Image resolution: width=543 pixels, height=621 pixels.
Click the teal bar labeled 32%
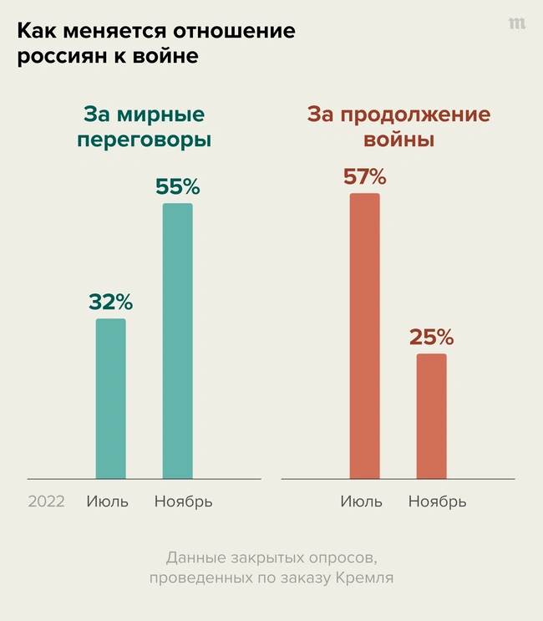[111, 399]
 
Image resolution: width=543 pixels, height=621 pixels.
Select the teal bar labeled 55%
[177, 341]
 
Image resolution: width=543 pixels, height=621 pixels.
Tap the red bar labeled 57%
[364, 336]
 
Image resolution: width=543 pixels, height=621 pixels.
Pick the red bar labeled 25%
[431, 416]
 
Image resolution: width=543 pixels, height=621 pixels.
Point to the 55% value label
[177, 187]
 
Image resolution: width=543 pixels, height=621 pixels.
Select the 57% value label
[364, 177]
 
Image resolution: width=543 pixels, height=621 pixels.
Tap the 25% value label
[431, 338]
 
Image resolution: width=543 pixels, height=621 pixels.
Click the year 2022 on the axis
[47, 501]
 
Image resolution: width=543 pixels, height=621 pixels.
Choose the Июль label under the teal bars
[108, 501]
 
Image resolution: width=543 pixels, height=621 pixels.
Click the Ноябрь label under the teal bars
[184, 501]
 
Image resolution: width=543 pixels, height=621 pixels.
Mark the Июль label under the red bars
[361, 501]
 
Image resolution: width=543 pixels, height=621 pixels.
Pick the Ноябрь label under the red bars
[438, 501]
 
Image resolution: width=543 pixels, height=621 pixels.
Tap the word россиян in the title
[58, 58]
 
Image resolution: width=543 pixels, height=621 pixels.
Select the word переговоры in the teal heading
[144, 140]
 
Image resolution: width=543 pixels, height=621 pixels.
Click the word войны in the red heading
[399, 140]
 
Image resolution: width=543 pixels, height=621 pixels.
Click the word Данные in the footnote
[193, 557]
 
